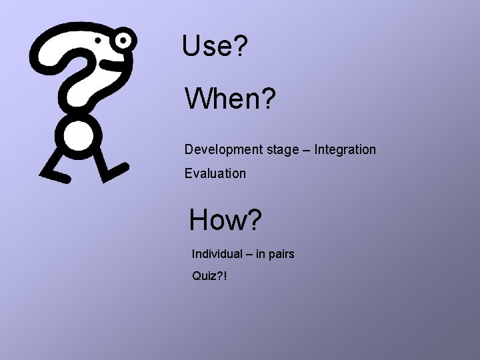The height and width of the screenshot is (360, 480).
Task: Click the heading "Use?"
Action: pos(214,46)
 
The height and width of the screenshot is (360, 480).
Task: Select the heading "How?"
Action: pos(225,220)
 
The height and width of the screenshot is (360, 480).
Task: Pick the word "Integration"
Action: pos(345,150)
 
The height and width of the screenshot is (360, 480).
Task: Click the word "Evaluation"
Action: pos(215,174)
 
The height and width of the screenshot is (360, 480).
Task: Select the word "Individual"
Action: pos(217,254)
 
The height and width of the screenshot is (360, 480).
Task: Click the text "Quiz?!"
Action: pos(209,275)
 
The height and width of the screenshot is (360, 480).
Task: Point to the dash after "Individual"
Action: pos(249,255)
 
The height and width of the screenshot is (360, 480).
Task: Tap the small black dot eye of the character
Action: pos(99,41)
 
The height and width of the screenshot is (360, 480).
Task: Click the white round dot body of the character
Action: pos(79,135)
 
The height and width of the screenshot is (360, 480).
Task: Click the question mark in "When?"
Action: pos(267,99)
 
